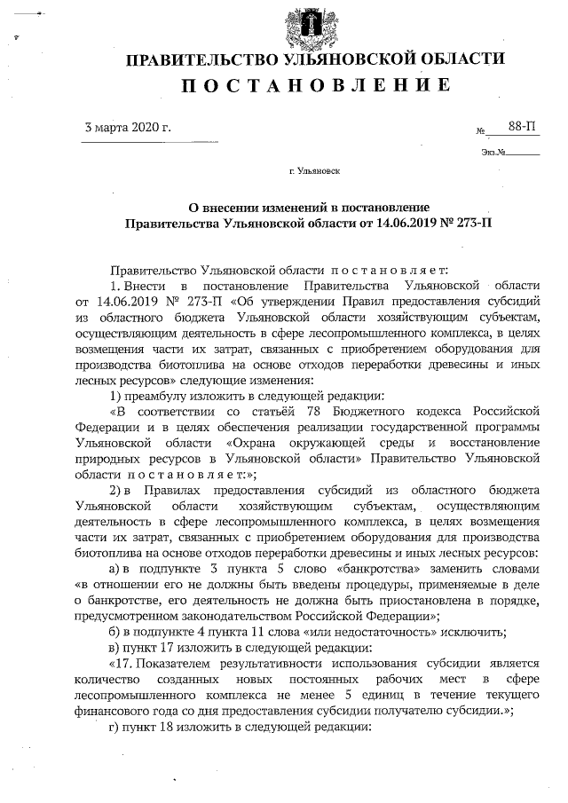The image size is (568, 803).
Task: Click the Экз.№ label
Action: [x=493, y=152]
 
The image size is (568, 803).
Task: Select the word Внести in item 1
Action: [x=141, y=284]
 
